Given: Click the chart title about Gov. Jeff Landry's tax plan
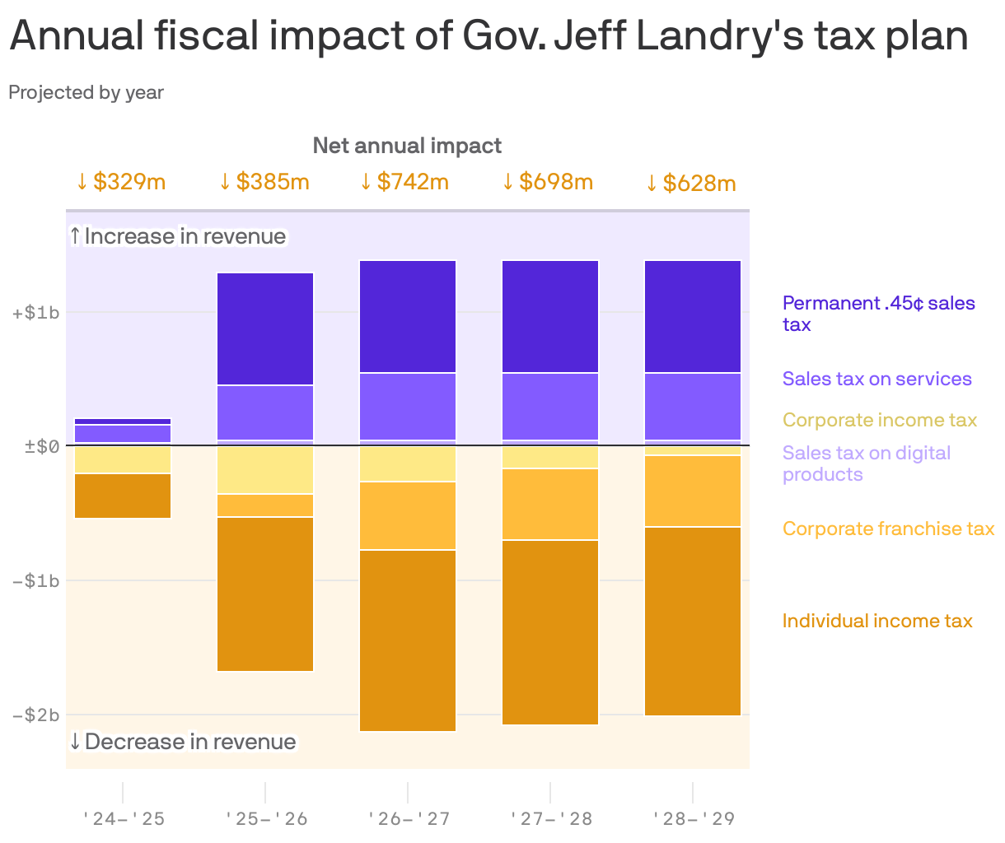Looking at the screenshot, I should pos(488,36).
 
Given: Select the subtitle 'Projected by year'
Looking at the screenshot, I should pos(86,92).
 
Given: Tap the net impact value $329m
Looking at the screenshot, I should pos(121,181).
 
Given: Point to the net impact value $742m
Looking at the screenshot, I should pos(404,181).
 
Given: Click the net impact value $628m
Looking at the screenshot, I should pos(690,183).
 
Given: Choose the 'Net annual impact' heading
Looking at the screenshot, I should pos(407,146).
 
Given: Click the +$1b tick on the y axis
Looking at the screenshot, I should pos(35,313).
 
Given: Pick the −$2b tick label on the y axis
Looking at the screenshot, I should pos(35,715).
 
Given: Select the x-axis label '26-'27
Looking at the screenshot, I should pos(408,818).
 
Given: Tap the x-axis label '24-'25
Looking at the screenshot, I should pos(123,818).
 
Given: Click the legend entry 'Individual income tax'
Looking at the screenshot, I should pos(877,621).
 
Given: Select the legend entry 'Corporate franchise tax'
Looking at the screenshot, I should pos(888,529).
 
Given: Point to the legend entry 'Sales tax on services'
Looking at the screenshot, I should pos(877,379).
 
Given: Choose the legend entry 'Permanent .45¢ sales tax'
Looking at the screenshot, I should pos(878,314).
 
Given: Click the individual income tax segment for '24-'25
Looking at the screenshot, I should pos(123,496).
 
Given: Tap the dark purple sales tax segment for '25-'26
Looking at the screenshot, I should pos(265,328).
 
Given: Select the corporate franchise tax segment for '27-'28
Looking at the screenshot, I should pos(550,504).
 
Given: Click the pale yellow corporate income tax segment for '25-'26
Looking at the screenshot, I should pos(265,470).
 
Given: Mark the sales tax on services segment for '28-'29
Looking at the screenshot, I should pos(693,406).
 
